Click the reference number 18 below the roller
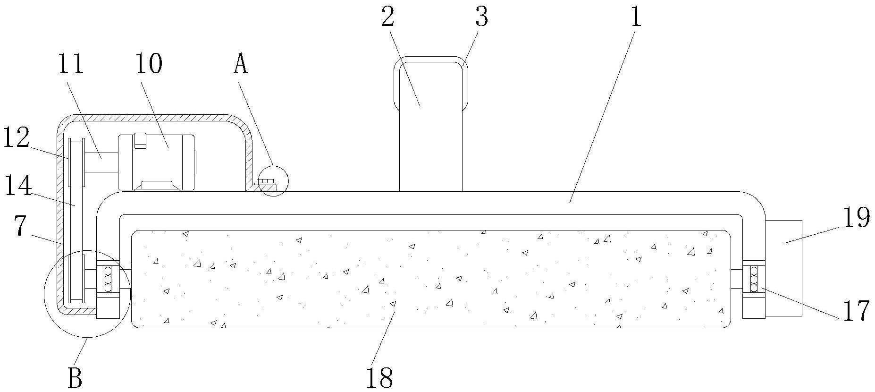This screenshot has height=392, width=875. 379,376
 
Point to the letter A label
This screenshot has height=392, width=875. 240,65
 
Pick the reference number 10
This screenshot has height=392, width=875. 148,65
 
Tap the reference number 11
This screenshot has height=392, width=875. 70,65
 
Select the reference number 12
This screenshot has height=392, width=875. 17,137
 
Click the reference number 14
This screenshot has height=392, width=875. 18,185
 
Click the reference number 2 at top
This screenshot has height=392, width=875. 388,17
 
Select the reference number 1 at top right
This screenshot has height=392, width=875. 636,17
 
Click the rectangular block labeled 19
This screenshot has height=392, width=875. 783,267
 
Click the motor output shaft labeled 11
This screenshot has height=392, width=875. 101,163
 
